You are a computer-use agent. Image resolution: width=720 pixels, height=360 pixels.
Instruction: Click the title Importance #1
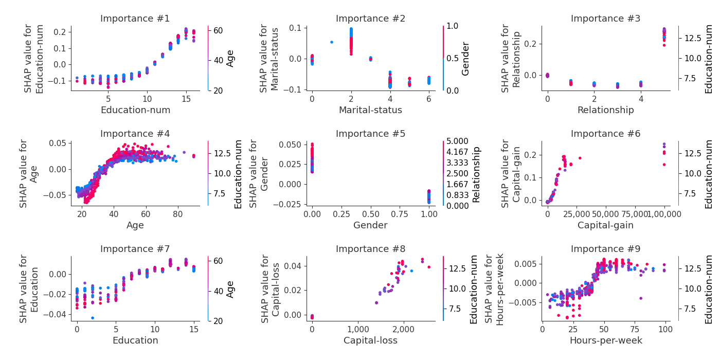[135, 19]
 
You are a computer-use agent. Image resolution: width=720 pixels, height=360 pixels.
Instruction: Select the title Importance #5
[370, 134]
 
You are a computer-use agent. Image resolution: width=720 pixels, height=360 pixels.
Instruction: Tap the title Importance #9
[605, 249]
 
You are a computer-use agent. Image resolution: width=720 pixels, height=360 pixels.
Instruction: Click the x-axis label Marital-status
[370, 110]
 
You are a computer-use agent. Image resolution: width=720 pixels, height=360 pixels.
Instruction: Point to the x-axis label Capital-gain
[605, 225]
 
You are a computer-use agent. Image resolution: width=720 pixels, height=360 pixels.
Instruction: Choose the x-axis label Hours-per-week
[605, 340]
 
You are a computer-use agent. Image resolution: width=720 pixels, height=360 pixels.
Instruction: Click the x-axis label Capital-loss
[370, 340]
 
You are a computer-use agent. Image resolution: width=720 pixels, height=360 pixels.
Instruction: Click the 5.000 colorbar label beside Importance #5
[457, 141]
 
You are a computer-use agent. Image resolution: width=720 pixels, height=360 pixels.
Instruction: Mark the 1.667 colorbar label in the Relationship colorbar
[457, 184]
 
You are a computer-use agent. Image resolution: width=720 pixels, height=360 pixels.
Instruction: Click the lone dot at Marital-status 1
[331, 42]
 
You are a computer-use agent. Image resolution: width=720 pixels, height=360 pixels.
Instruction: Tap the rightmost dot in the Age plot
[193, 156]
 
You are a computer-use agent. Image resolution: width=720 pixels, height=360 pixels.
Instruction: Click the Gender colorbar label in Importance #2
[465, 58]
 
